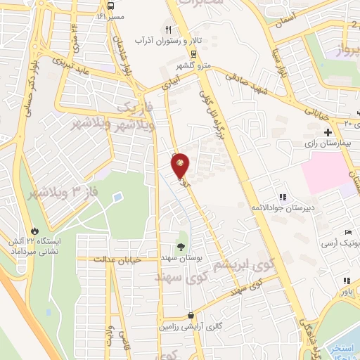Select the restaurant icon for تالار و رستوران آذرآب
[x=168, y=30]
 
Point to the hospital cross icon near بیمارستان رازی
[x=328, y=132]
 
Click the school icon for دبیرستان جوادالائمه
[x=283, y=197]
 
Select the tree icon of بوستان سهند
[x=181, y=246]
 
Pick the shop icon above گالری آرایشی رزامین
[x=191, y=316]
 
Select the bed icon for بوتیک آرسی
[x=347, y=233]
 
